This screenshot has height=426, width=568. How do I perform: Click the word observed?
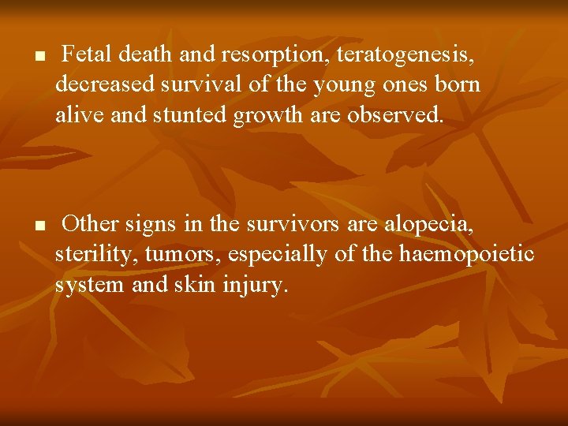(x=403, y=114)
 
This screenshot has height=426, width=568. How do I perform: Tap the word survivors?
(x=291, y=224)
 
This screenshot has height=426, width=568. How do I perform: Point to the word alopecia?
(x=429, y=225)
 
